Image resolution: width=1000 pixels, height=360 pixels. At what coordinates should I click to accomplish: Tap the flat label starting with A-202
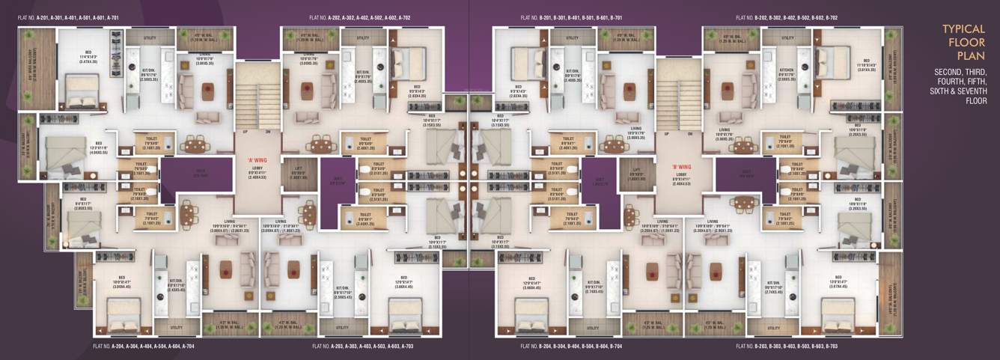pyautogui.click(x=359, y=17)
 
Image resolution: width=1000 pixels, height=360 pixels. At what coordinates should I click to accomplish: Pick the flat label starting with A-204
pyautogui.click(x=144, y=347)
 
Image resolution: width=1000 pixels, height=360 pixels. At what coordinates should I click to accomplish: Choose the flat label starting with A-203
pyautogui.click(x=362, y=347)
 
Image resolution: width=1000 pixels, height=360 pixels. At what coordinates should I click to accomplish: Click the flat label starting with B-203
pyautogui.click(x=787, y=347)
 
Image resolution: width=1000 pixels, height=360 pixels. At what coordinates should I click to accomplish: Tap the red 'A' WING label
pyautogui.click(x=257, y=159)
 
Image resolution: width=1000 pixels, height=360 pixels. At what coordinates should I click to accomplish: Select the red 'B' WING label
pyautogui.click(x=677, y=159)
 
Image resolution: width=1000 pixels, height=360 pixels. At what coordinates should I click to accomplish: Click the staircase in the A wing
pyautogui.click(x=257, y=96)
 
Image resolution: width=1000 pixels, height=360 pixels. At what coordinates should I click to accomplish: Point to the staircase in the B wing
pyautogui.click(x=677, y=96)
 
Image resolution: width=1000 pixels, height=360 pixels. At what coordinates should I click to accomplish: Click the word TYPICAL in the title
pyautogui.click(x=963, y=29)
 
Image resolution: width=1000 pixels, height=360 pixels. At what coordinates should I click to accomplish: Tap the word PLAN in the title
pyautogui.click(x=963, y=55)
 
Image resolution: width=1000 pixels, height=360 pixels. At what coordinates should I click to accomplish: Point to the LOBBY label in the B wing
pyautogui.click(x=677, y=176)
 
